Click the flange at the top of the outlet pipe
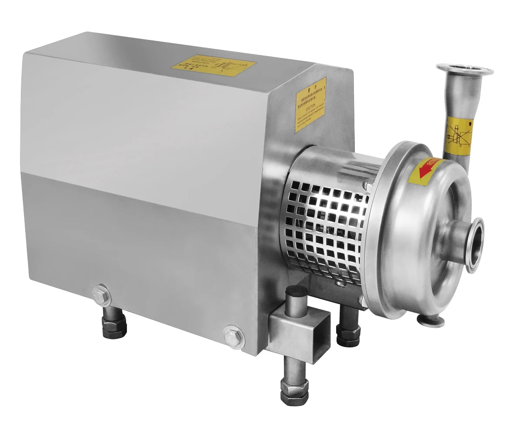click(x=464, y=70)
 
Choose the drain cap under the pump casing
click(x=430, y=320)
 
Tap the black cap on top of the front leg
click(x=297, y=291)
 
